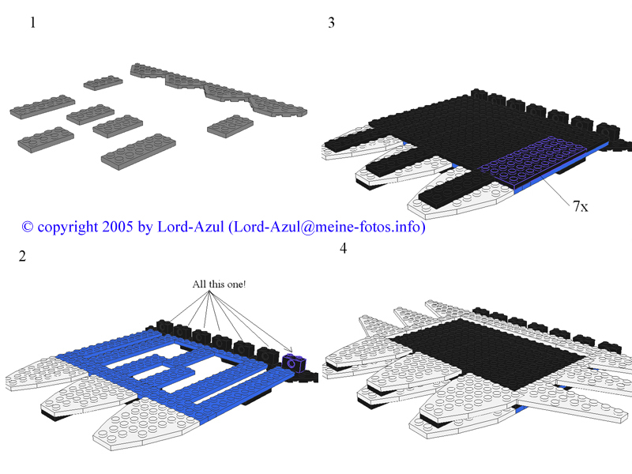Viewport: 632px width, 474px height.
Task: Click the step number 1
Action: point(33,23)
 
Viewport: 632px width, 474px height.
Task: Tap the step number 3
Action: point(332,23)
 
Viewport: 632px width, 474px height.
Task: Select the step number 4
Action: point(343,249)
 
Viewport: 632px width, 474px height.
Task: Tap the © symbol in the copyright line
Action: point(28,227)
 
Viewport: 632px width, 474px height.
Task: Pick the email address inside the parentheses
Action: point(327,227)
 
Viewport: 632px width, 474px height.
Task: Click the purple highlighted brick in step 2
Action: point(294,363)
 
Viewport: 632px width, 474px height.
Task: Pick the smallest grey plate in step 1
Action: point(103,82)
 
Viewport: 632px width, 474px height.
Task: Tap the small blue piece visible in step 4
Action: point(521,408)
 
